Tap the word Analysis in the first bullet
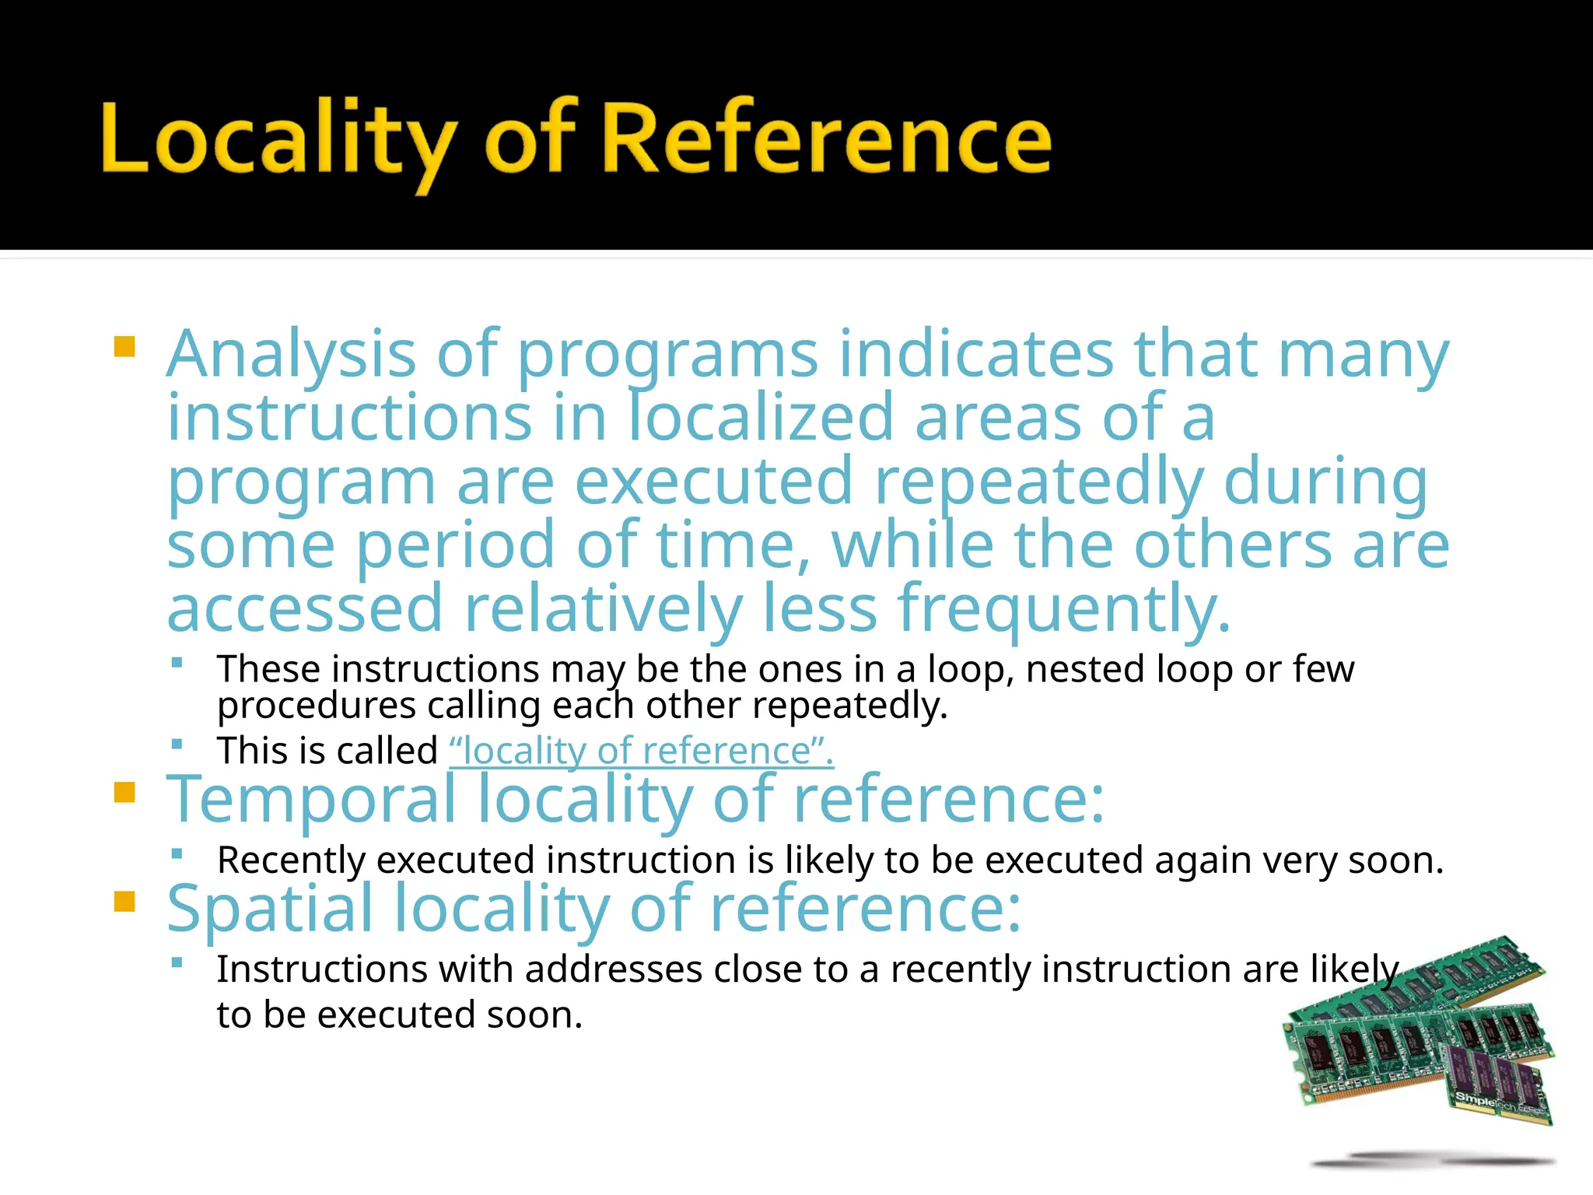click(x=292, y=355)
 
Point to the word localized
click(x=761, y=418)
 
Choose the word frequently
click(x=1064, y=609)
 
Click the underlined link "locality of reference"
click(x=641, y=751)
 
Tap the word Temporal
click(x=311, y=800)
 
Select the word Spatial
click(x=270, y=909)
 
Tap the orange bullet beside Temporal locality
click(x=124, y=793)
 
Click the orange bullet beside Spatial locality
click(x=124, y=902)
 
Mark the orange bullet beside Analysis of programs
click(x=124, y=346)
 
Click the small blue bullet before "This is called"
click(x=177, y=744)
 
